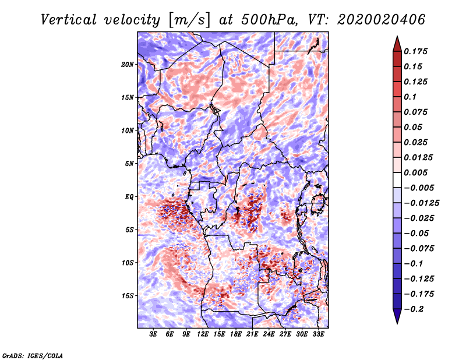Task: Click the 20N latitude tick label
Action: click(128, 65)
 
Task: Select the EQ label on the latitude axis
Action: click(129, 197)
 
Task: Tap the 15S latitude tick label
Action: click(128, 296)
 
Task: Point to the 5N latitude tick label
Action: click(129, 164)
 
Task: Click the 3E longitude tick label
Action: click(153, 334)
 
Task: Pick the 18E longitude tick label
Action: click(236, 334)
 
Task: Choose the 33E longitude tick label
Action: click(318, 334)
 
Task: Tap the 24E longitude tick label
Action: click(269, 334)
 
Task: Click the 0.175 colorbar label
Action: click(416, 51)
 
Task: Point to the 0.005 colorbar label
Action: click(416, 172)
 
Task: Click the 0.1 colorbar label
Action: click(411, 97)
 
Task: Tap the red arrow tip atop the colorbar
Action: click(397, 37)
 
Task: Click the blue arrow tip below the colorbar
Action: click(397, 323)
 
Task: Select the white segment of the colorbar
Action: click(397, 180)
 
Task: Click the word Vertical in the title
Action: click(69, 20)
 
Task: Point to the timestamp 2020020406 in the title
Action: click(382, 20)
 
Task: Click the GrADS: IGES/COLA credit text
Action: click(33, 355)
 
